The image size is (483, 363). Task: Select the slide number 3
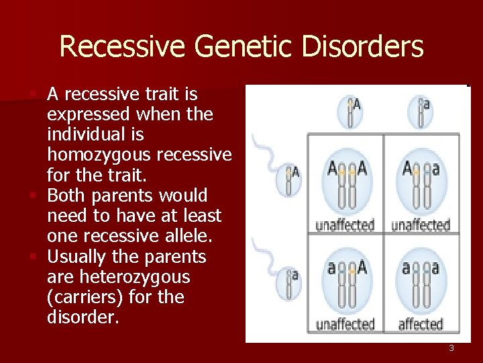pyautogui.click(x=451, y=348)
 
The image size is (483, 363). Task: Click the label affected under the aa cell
pyautogui.click(x=421, y=324)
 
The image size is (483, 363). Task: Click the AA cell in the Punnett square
pyautogui.click(x=346, y=183)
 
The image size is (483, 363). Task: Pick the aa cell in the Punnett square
pyautogui.click(x=421, y=282)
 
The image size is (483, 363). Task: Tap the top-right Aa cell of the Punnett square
pyautogui.click(x=421, y=183)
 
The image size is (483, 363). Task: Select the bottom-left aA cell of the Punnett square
pyautogui.click(x=346, y=282)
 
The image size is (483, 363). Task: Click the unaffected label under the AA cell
pyautogui.click(x=345, y=224)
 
